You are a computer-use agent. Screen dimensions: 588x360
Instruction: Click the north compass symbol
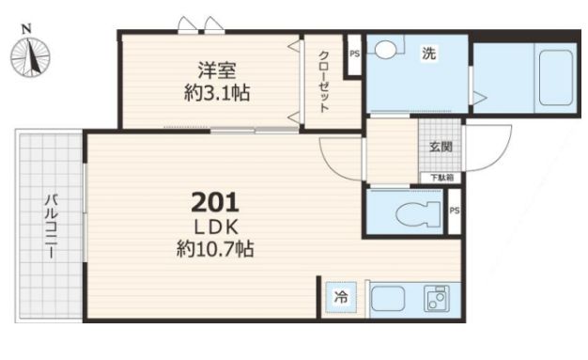pyautogui.click(x=30, y=55)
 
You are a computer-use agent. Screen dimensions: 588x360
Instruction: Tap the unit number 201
pyautogui.click(x=215, y=203)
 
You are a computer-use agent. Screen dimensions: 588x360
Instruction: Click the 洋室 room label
pyautogui.click(x=217, y=70)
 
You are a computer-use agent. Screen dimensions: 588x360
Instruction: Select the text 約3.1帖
pyautogui.click(x=217, y=93)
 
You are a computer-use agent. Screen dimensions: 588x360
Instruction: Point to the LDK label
pyautogui.click(x=216, y=227)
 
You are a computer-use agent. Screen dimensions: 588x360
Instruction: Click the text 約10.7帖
pyautogui.click(x=215, y=248)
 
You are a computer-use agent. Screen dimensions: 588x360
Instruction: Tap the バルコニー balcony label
pyautogui.click(x=52, y=226)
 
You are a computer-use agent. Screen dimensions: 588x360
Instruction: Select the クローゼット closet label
pyautogui.click(x=324, y=82)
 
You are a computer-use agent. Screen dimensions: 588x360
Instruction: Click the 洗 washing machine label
pyautogui.click(x=428, y=54)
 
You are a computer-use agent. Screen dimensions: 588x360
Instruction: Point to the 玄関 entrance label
pyautogui.click(x=441, y=147)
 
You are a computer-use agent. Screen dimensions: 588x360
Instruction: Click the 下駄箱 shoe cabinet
pyautogui.click(x=441, y=178)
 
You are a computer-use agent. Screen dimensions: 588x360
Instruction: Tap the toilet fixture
pyautogui.click(x=418, y=214)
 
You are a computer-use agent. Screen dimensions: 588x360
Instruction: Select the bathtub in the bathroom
pyautogui.click(x=556, y=78)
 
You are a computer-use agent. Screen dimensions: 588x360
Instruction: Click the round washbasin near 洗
pyautogui.click(x=385, y=49)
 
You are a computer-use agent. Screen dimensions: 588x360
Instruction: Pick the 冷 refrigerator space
pyautogui.click(x=341, y=297)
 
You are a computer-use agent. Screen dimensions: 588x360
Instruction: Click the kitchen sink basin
pyautogui.click(x=387, y=299)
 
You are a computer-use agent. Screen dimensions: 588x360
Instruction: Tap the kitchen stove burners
pyautogui.click(x=436, y=299)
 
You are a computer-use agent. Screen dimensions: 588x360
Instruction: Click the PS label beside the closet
pyautogui.click(x=354, y=54)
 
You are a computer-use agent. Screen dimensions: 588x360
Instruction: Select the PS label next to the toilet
pyautogui.click(x=454, y=211)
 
